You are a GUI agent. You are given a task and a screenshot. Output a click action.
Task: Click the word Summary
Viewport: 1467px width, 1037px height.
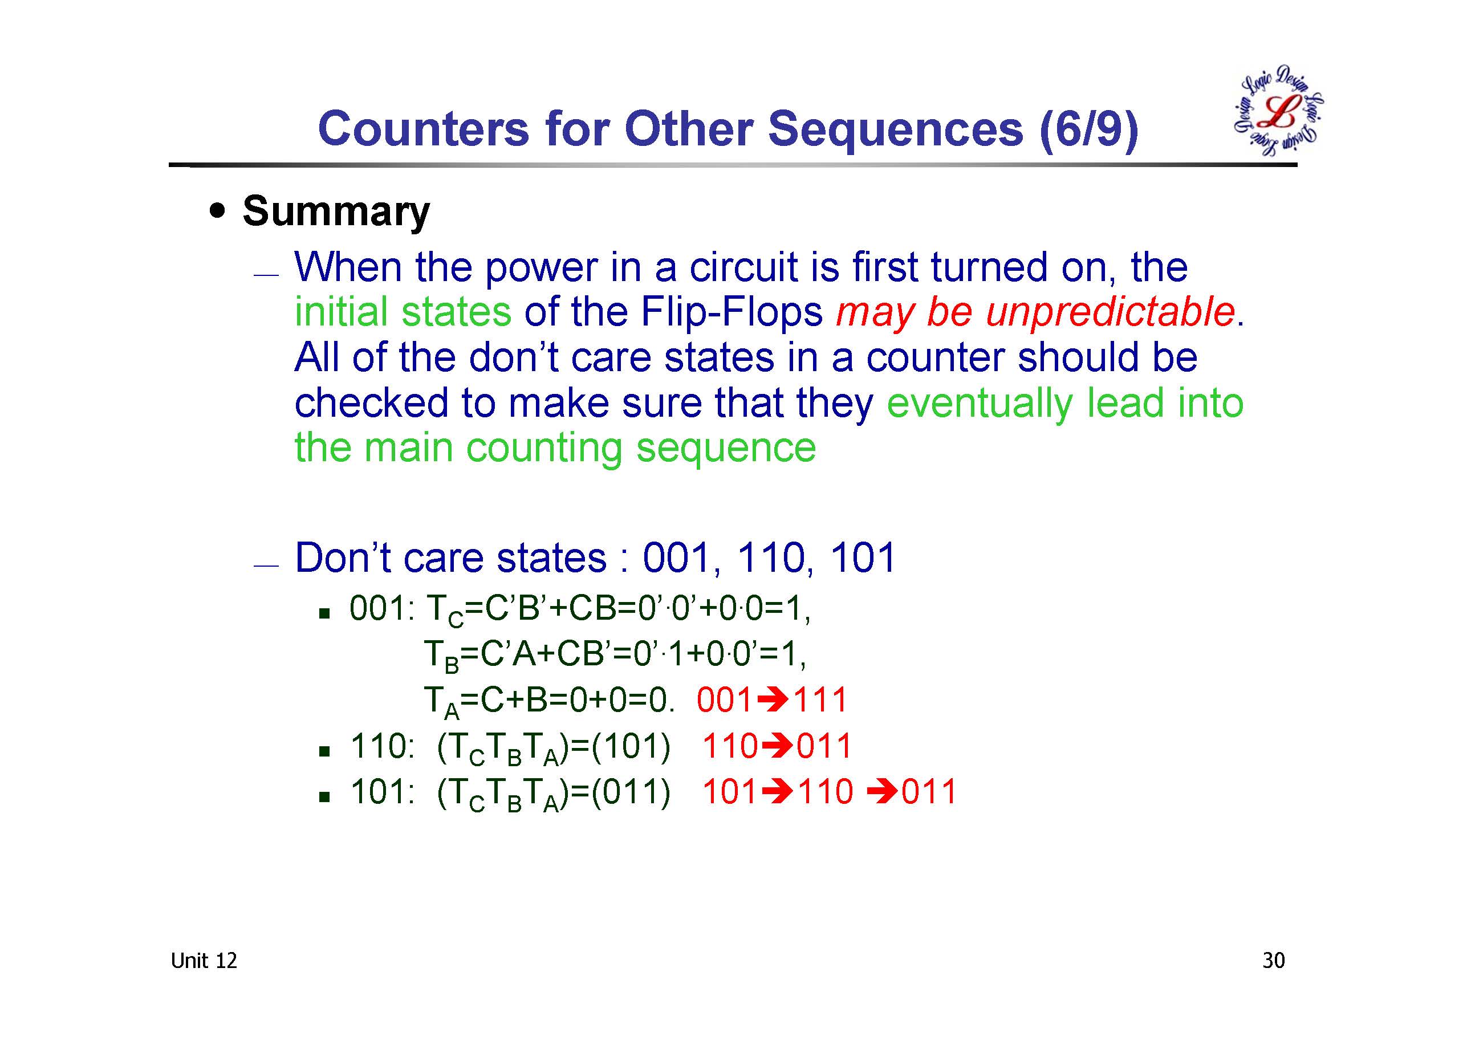(336, 212)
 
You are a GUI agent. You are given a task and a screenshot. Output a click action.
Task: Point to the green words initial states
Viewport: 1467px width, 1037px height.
(403, 312)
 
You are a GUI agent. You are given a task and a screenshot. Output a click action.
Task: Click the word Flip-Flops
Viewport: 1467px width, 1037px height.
(732, 312)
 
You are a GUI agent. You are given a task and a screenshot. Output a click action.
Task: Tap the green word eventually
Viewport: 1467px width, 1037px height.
(980, 403)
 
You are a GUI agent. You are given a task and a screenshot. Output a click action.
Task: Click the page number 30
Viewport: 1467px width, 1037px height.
(1273, 961)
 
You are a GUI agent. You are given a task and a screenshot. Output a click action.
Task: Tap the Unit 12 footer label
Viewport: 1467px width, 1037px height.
(204, 961)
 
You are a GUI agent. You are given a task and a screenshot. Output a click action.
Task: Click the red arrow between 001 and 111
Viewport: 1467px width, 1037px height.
(772, 700)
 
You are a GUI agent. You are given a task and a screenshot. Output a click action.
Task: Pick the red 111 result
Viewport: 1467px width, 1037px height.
(819, 700)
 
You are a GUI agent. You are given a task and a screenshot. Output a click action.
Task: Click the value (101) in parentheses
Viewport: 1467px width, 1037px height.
(631, 746)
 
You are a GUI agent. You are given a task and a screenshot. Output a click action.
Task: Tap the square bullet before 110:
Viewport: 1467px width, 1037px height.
(324, 751)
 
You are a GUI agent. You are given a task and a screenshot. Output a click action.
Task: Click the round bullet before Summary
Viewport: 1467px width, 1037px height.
(218, 212)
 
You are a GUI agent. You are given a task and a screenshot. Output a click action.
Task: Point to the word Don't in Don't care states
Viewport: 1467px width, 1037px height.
(343, 557)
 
